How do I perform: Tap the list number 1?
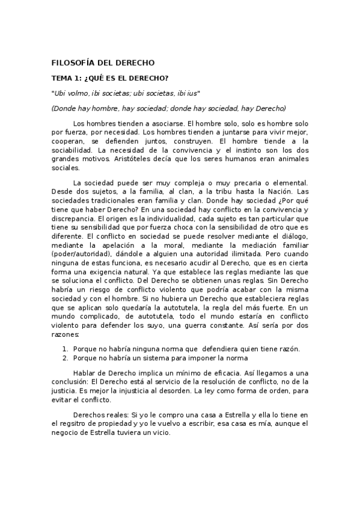[x=65, y=349]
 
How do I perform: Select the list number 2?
[x=65, y=358]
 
